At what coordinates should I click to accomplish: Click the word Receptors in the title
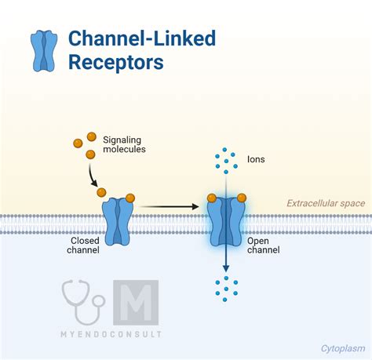[x=116, y=63]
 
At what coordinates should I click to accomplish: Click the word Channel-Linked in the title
[x=142, y=38]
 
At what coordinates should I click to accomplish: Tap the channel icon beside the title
[x=44, y=51]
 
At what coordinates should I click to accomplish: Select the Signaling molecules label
[x=124, y=144]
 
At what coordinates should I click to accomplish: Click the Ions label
[x=256, y=159]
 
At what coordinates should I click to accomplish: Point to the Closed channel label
[x=83, y=245]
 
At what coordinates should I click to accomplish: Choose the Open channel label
[x=264, y=245]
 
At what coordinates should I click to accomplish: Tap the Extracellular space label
[x=326, y=203]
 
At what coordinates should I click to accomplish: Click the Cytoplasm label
[x=343, y=348]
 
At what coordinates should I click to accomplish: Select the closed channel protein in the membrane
[x=118, y=222]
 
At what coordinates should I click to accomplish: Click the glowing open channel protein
[x=226, y=222]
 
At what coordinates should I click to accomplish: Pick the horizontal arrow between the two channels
[x=170, y=206]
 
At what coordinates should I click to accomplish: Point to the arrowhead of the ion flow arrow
[x=226, y=268]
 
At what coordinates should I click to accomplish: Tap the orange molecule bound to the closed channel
[x=130, y=198]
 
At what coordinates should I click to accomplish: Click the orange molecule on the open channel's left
[x=212, y=198]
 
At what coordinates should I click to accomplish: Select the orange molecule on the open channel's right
[x=242, y=198]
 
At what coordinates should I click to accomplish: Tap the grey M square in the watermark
[x=136, y=303]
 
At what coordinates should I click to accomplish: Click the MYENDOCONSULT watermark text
[x=111, y=334]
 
